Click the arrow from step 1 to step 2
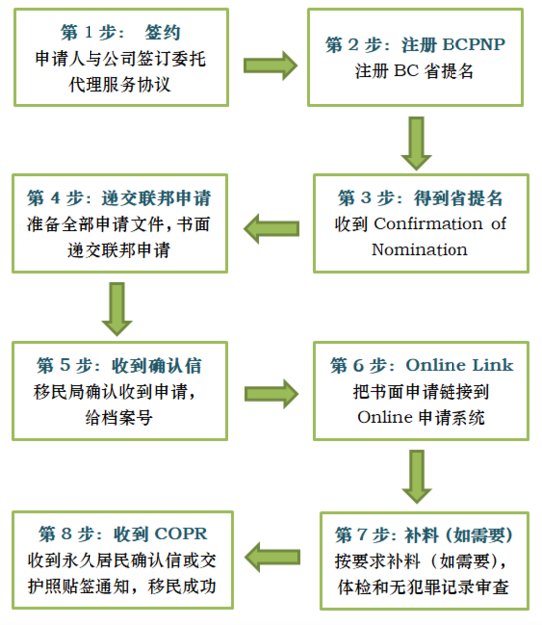click(271, 65)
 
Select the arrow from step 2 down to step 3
click(416, 143)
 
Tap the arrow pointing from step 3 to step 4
click(271, 228)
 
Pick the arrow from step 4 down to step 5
click(117, 309)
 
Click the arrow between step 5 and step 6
click(271, 394)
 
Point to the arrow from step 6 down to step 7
click(417, 477)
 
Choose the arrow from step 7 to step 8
click(272, 557)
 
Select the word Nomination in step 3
click(420, 250)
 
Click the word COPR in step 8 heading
click(181, 534)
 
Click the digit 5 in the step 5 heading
click(65, 365)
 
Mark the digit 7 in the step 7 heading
click(362, 534)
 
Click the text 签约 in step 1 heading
click(163, 32)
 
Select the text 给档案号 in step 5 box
click(118, 418)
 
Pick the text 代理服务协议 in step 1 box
click(119, 85)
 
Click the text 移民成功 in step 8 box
click(182, 586)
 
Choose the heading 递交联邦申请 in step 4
click(156, 198)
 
